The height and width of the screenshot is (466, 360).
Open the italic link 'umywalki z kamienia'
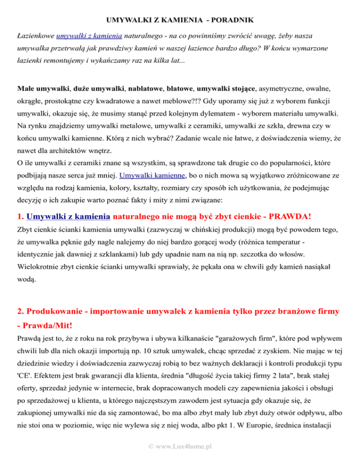tap(90, 36)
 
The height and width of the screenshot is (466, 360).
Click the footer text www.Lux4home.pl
tap(180, 446)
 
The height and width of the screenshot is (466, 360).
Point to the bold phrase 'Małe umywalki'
tap(37, 88)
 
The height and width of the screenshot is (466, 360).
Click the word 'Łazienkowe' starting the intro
tap(35, 36)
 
